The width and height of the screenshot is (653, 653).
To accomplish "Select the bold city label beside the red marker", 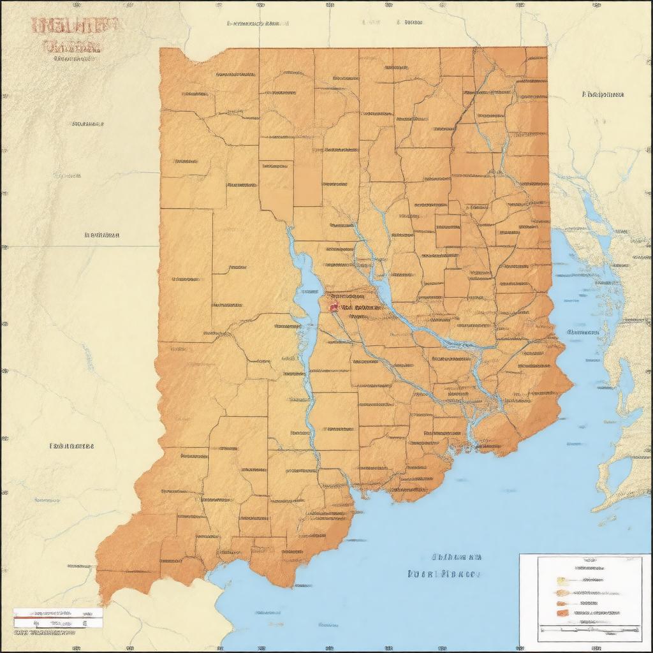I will pos(361,307).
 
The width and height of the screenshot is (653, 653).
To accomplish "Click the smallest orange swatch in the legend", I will pos(561,603).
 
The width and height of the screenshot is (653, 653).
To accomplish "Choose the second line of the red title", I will pos(71,46).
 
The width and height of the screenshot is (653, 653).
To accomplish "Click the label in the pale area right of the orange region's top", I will pos(603,94).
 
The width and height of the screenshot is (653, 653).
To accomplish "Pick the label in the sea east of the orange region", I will pos(582,332).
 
